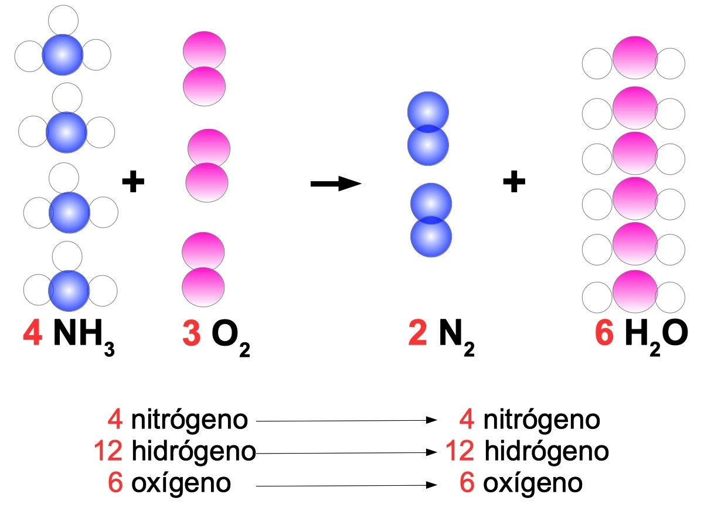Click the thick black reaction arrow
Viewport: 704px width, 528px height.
click(x=335, y=183)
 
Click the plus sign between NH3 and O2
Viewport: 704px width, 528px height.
click(x=133, y=182)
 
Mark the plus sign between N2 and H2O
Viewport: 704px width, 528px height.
click(x=514, y=182)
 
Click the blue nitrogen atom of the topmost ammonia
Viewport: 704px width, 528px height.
click(x=63, y=54)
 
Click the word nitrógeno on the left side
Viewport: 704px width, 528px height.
click(x=190, y=420)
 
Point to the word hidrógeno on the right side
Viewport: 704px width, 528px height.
click(x=546, y=452)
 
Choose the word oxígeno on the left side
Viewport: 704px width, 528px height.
click(x=181, y=483)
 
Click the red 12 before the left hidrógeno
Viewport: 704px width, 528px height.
click(x=108, y=452)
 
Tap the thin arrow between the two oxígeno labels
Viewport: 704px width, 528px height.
click(x=346, y=486)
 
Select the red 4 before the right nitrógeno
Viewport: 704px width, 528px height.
click(x=467, y=420)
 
